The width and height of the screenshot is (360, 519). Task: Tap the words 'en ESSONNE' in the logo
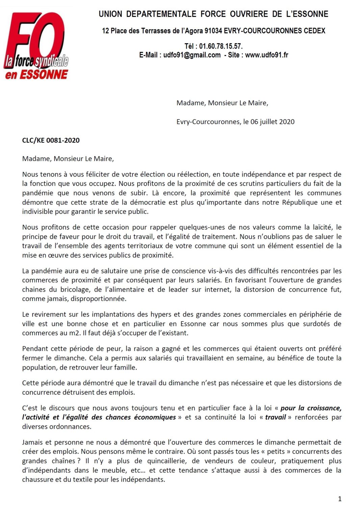click(x=36, y=74)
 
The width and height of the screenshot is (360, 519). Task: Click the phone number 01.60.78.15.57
click(x=221, y=46)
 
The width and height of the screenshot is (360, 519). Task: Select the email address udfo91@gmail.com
click(x=192, y=55)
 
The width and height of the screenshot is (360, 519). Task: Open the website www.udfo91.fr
click(x=266, y=55)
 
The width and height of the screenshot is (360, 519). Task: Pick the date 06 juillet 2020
click(x=272, y=122)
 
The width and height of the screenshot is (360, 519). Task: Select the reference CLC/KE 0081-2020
click(x=51, y=140)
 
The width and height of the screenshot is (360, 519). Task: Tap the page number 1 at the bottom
click(x=340, y=499)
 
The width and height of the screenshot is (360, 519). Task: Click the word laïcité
click(x=322, y=227)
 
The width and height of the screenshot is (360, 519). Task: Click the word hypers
click(x=163, y=314)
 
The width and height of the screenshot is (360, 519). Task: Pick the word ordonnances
click(x=70, y=426)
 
